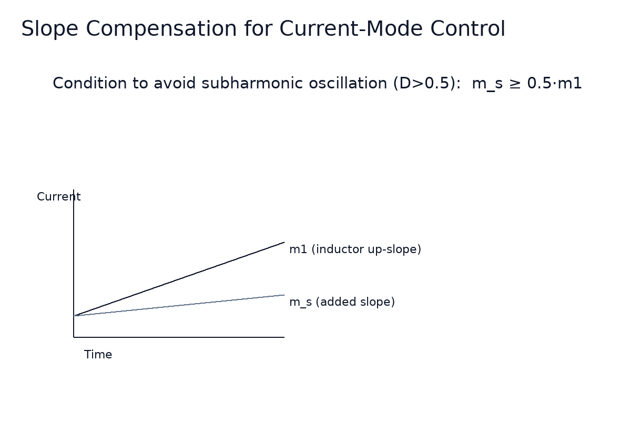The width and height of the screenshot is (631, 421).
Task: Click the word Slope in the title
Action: [x=50, y=29]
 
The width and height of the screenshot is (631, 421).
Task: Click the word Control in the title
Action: [x=467, y=29]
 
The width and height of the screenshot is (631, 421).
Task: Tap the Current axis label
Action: [x=58, y=197]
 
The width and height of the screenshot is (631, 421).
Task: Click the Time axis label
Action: [x=98, y=355]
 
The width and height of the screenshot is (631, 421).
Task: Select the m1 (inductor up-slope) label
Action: [x=355, y=249]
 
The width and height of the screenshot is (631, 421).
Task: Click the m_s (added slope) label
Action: [x=342, y=302]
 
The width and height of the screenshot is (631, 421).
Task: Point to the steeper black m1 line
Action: [x=179, y=279]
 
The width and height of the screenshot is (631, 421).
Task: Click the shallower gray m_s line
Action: [x=179, y=305]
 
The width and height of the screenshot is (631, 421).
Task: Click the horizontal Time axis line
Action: [x=179, y=337]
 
